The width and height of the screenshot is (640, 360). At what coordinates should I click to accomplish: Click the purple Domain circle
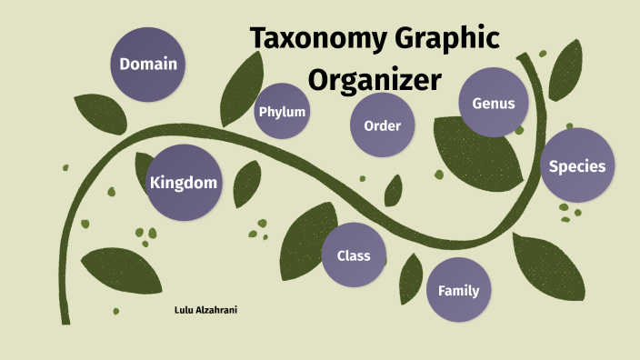148,64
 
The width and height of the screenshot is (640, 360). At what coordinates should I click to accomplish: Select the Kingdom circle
184,183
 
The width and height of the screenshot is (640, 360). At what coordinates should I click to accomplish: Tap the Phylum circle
282,112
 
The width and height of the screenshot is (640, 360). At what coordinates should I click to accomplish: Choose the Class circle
353,255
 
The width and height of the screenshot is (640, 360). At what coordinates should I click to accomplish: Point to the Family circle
458,291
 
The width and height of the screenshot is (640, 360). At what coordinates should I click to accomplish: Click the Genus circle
494,103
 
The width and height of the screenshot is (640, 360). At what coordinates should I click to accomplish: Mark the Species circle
576,166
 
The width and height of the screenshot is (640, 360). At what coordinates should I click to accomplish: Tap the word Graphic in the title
449,39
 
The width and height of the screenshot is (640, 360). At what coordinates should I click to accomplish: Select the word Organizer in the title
374,79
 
